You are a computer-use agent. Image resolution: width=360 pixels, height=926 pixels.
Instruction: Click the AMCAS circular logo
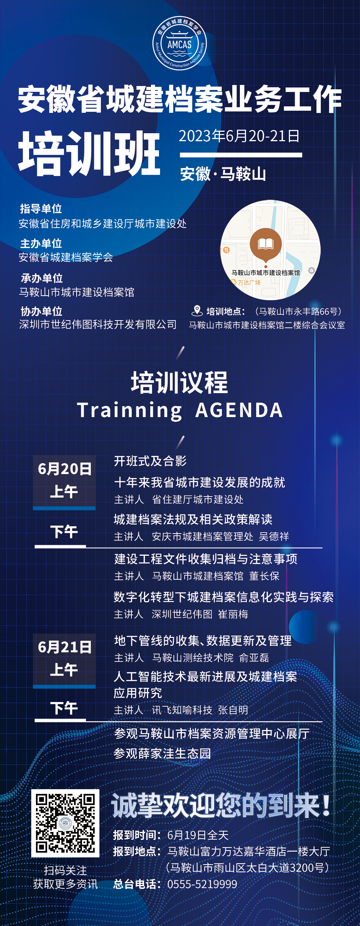click(x=180, y=43)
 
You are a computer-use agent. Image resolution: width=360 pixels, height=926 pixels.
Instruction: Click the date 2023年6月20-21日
click(x=239, y=136)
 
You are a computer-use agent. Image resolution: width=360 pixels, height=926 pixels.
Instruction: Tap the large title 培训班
click(x=89, y=153)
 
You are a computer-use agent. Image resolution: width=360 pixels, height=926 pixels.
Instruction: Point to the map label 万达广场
click(x=249, y=282)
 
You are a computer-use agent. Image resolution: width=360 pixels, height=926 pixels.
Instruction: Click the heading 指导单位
click(x=41, y=209)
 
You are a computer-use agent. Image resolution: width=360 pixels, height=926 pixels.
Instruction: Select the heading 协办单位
click(x=41, y=311)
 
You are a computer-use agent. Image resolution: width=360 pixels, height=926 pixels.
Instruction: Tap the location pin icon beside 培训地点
click(x=197, y=311)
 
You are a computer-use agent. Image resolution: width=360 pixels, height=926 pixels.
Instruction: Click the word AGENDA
click(x=239, y=410)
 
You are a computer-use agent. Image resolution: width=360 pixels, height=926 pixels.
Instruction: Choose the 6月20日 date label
click(x=65, y=469)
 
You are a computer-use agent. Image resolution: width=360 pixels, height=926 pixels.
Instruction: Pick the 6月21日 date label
click(x=65, y=647)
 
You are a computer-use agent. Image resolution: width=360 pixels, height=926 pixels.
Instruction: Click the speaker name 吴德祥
click(x=274, y=537)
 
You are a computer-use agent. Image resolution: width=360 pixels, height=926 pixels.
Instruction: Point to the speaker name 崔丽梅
click(x=233, y=614)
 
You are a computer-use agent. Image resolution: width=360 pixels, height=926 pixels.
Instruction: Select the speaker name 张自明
click(x=233, y=710)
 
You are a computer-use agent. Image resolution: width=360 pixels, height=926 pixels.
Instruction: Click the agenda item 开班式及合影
click(x=150, y=461)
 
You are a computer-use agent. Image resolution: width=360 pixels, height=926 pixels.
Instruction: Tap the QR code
click(x=65, y=823)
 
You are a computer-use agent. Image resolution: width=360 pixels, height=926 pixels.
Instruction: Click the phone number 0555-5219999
click(x=202, y=884)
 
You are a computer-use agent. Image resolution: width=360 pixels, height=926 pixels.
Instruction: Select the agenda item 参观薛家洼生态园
click(x=162, y=754)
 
